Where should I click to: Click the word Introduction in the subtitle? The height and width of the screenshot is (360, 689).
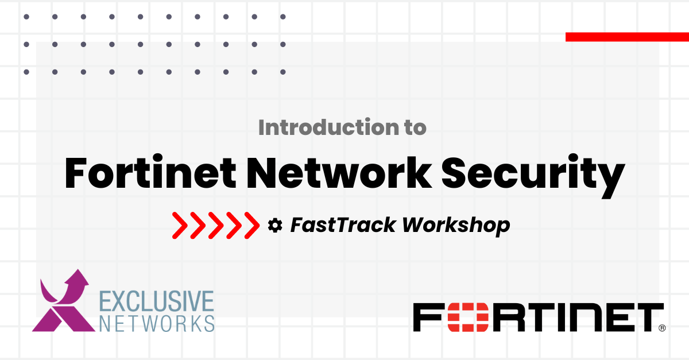tap(327, 127)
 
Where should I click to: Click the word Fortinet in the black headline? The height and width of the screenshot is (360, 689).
tap(150, 172)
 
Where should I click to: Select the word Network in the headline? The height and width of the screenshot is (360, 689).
tap(339, 172)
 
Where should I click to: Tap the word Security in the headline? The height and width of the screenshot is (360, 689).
tap(533, 176)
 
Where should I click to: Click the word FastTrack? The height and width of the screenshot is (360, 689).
tap(343, 225)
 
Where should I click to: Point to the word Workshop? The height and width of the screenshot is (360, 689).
tap(456, 226)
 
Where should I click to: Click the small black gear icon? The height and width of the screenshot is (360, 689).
tap(274, 226)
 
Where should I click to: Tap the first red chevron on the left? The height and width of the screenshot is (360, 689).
tap(180, 226)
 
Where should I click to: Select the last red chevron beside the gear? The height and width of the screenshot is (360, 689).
tap(252, 226)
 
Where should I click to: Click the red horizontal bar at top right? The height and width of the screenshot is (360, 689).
tap(627, 37)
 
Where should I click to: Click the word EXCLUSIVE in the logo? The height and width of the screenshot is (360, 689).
tap(157, 301)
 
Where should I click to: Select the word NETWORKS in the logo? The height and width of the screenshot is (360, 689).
tap(157, 323)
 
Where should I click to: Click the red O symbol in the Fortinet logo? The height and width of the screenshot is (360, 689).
tap(468, 318)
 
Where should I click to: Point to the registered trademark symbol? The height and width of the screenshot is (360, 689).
tap(662, 328)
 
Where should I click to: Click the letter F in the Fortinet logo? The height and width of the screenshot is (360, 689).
tap(428, 318)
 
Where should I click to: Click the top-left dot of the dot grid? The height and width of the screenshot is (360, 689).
tap(26, 17)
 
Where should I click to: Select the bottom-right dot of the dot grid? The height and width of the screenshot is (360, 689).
tap(283, 72)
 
